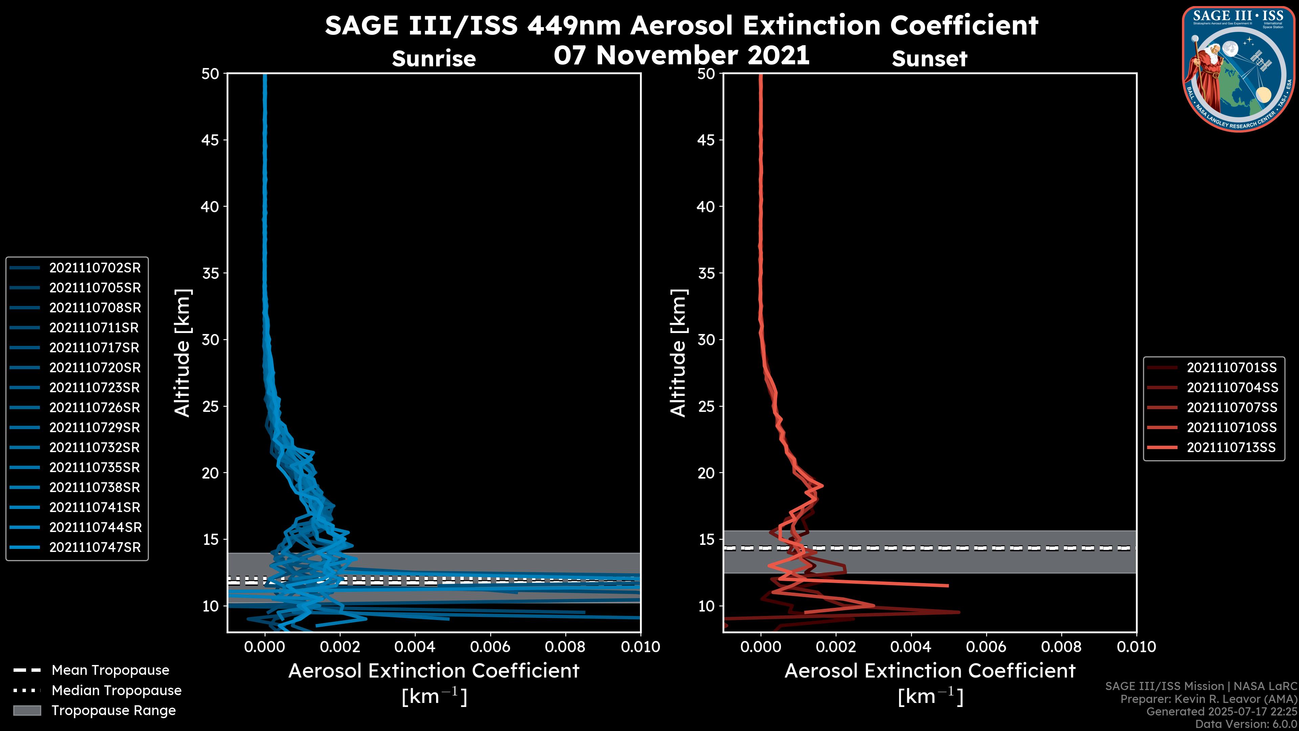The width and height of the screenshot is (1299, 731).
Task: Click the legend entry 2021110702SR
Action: pos(95,268)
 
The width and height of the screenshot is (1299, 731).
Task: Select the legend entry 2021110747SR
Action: pos(95,547)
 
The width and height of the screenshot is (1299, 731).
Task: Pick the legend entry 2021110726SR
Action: pos(95,407)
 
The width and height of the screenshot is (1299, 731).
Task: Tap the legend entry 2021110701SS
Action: pos(1231,368)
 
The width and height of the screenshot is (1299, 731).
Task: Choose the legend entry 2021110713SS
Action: pos(1231,447)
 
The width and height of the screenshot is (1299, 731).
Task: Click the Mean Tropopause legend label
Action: pos(110,670)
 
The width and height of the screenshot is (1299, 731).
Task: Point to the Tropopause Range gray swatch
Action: pos(27,710)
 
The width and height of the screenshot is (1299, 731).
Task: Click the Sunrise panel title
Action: pos(434,59)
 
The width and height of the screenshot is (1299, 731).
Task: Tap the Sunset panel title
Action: pos(929,59)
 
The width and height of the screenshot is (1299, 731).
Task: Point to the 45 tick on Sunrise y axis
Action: pos(210,140)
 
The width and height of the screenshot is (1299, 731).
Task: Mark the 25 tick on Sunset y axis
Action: pos(706,406)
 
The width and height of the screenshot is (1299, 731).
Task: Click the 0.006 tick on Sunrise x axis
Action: pos(490,647)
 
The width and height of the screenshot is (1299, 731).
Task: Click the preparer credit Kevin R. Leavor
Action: pos(1208,699)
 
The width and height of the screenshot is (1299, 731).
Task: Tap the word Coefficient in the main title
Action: pos(964,25)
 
